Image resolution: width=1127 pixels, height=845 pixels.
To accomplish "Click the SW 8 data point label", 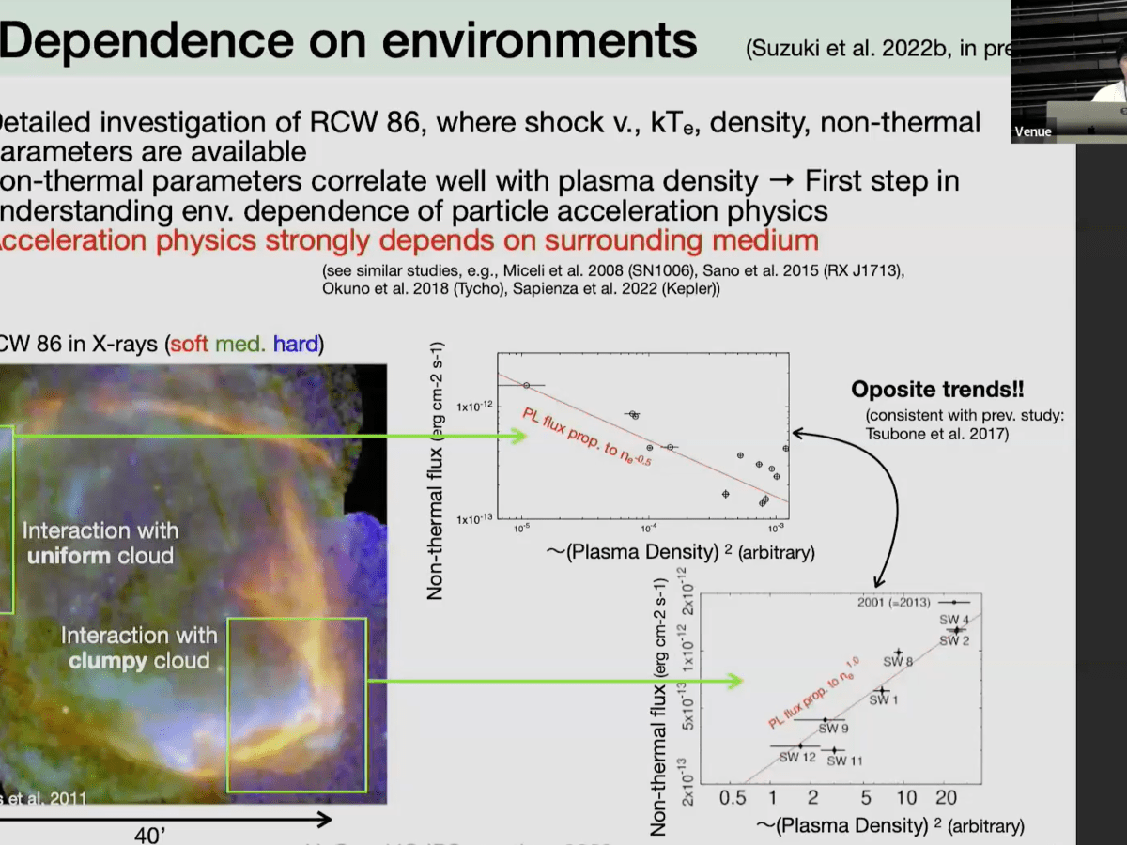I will pyautogui.click(x=898, y=662).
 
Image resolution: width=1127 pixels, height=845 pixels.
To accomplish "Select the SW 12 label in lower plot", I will pyautogui.click(x=796, y=758).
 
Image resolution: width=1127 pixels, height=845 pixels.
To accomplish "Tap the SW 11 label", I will pyautogui.click(x=844, y=760).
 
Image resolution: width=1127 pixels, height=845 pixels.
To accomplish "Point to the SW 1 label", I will pyautogui.click(x=883, y=699).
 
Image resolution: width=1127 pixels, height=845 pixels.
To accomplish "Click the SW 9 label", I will pyautogui.click(x=833, y=728).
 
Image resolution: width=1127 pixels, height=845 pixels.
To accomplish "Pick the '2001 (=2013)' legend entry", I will pyautogui.click(x=903, y=602).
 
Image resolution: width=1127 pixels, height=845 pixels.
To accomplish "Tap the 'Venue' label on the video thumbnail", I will pyautogui.click(x=1033, y=132).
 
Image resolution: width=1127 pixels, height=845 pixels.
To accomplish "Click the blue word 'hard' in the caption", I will pyautogui.click(x=296, y=345).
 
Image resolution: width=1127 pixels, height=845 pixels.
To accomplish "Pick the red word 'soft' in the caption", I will pyautogui.click(x=189, y=345).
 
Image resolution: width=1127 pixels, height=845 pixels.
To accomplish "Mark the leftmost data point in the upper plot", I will pyautogui.click(x=527, y=385).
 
